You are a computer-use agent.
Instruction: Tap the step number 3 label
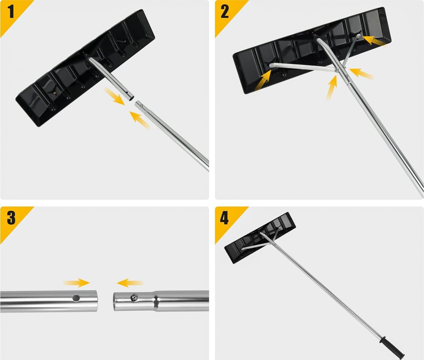tap(11, 218)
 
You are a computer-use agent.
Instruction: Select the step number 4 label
tap(224, 218)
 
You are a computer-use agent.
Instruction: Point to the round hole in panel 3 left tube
tap(76, 298)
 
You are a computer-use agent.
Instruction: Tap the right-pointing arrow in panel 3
tap(76, 283)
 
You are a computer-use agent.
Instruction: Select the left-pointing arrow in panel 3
tap(130, 283)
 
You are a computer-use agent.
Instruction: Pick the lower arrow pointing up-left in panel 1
tap(140, 120)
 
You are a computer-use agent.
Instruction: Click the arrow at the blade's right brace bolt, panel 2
tap(374, 41)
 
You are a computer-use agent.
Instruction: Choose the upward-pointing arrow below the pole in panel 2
tap(332, 87)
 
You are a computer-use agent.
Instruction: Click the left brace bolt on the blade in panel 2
tap(271, 66)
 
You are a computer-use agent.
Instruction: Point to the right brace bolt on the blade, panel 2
tap(358, 36)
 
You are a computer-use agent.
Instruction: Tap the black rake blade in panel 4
tap(260, 238)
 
